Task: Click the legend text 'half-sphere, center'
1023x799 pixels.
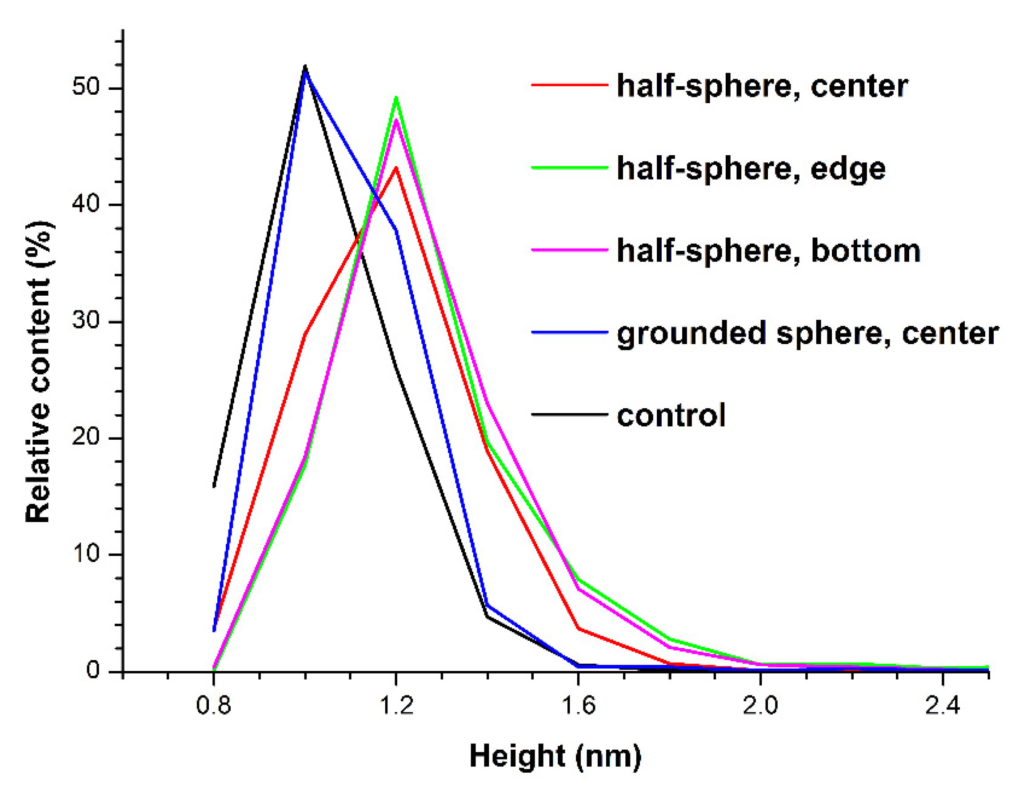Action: tap(762, 86)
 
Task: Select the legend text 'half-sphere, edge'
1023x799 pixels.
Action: tap(751, 169)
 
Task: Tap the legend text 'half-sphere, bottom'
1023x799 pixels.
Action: tap(768, 251)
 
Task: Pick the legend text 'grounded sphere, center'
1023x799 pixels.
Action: tap(807, 333)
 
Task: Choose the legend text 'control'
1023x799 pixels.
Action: tap(671, 415)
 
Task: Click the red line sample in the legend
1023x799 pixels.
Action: tap(569, 85)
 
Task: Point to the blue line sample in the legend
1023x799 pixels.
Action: tap(569, 332)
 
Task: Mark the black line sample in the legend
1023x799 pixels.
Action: tap(569, 414)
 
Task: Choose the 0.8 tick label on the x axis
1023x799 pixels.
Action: tap(214, 704)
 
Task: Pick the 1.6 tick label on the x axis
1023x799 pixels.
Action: tap(578, 704)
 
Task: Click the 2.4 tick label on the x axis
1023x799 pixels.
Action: tap(943, 704)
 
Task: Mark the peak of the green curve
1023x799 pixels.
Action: tap(396, 97)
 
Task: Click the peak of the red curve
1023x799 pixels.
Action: tap(396, 167)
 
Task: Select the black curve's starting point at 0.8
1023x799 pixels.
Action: tap(214, 486)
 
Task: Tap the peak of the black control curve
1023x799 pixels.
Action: tap(305, 66)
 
